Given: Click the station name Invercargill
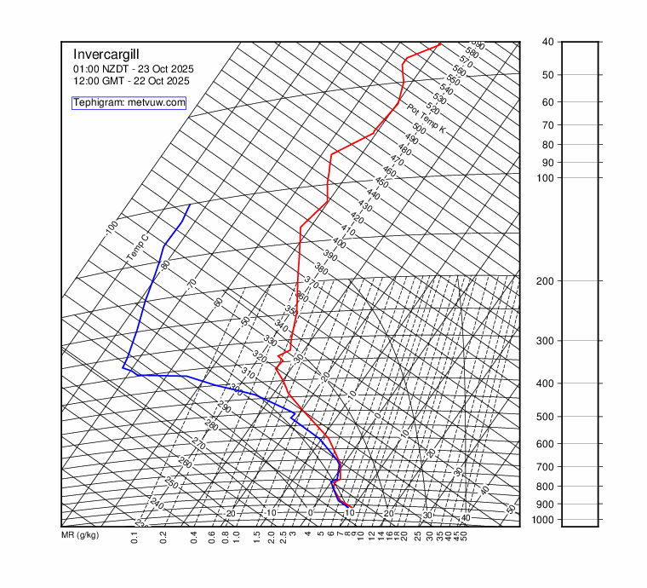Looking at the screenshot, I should pyautogui.click(x=107, y=54).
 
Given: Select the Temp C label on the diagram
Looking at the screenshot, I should pyautogui.click(x=137, y=248).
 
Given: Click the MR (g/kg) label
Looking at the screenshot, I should pyautogui.click(x=80, y=535).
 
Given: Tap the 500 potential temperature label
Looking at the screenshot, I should pyautogui.click(x=418, y=129).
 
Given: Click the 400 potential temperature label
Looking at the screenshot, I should pyautogui.click(x=339, y=243).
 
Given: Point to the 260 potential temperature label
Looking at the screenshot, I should pyautogui.click(x=185, y=462).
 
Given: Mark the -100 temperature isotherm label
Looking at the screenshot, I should pyautogui.click(x=112, y=228).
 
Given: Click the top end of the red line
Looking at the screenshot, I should pyautogui.click(x=440, y=43).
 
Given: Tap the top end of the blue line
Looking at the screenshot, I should pyautogui.click(x=189, y=205).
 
